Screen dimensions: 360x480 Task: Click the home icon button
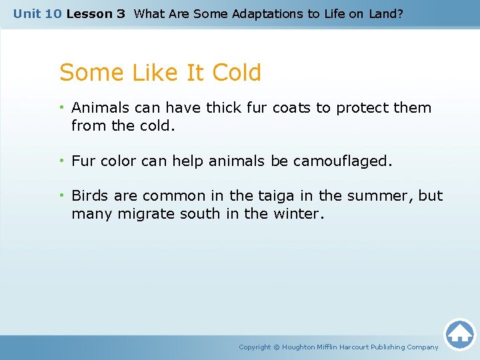pos(459,334)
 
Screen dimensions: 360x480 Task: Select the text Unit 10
pos(37,13)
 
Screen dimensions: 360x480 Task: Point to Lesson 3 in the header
pos(95,13)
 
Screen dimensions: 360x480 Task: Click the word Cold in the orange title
pos(235,73)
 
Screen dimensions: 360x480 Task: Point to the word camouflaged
pos(348,161)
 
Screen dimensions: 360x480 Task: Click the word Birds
pos(90,196)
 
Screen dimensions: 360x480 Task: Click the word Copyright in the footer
pos(255,347)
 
